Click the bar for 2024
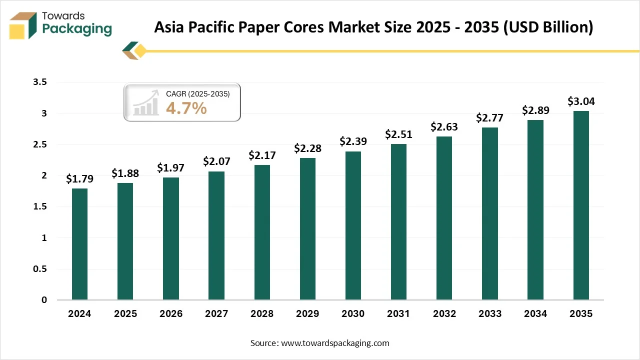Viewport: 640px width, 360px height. pyautogui.click(x=79, y=244)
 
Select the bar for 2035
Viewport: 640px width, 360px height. pyautogui.click(x=580, y=205)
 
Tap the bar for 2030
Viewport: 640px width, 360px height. pyautogui.click(x=353, y=225)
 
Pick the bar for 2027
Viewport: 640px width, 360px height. pyautogui.click(x=216, y=235)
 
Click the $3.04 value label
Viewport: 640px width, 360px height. pyautogui.click(x=580, y=101)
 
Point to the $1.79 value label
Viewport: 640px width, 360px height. pyautogui.click(x=79, y=179)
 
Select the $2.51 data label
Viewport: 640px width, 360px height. pyautogui.click(x=398, y=134)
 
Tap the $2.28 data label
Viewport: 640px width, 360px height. pyautogui.click(x=307, y=148)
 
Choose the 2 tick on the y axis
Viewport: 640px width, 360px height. pyautogui.click(x=43, y=175)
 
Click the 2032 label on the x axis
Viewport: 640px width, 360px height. pyautogui.click(x=444, y=314)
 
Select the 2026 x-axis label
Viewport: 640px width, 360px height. pyautogui.click(x=170, y=314)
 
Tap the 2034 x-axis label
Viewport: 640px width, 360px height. pyautogui.click(x=535, y=314)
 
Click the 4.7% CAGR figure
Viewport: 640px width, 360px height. pyautogui.click(x=186, y=108)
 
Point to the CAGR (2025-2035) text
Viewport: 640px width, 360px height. pyautogui.click(x=197, y=93)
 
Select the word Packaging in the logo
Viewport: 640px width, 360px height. pyautogui.click(x=77, y=29)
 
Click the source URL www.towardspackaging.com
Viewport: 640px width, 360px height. pyautogui.click(x=335, y=343)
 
